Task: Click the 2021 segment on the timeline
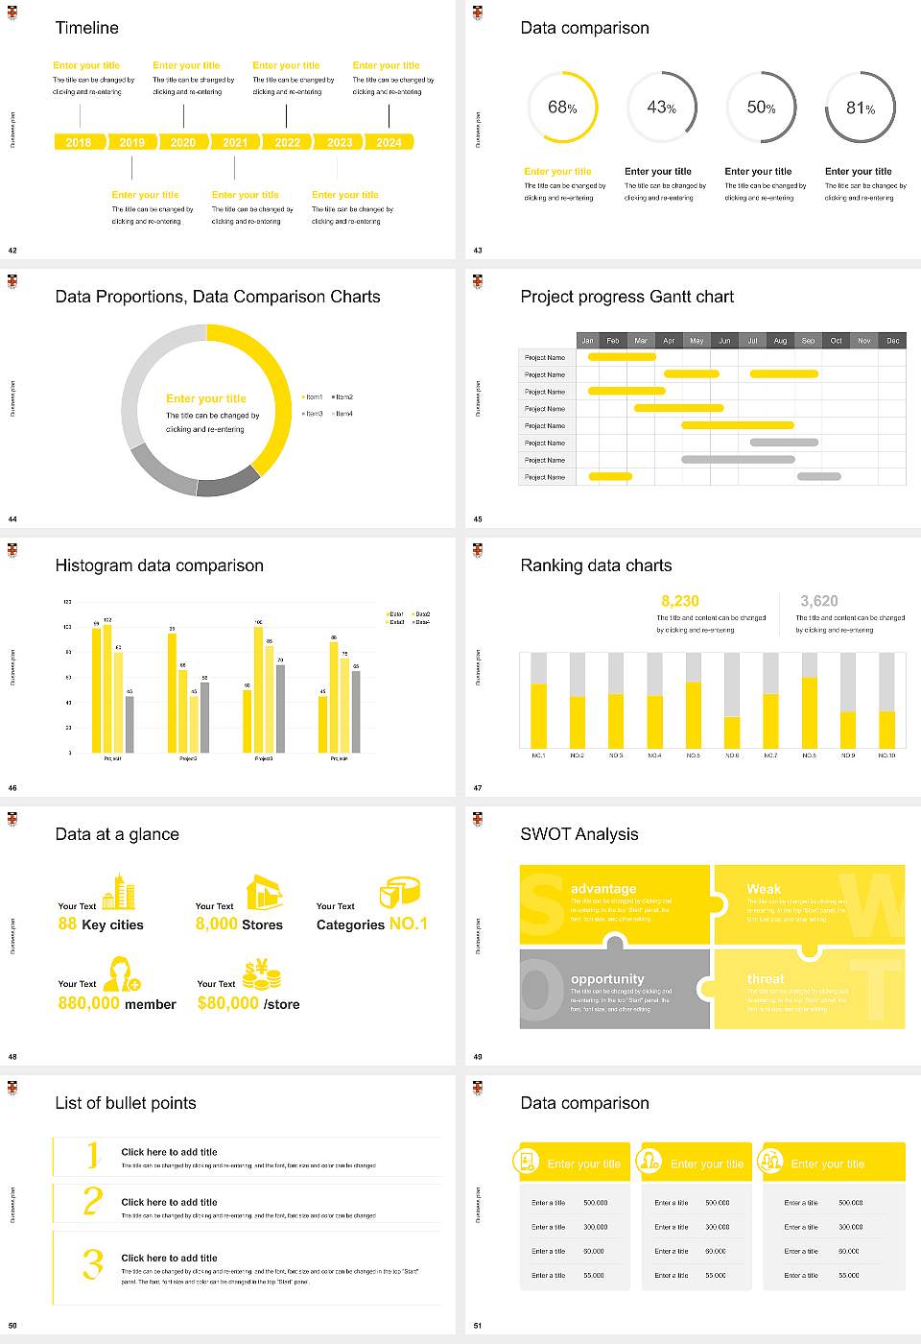coord(235,142)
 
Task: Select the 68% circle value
coord(562,108)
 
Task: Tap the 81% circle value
coord(861,108)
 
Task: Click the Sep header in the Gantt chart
coord(808,341)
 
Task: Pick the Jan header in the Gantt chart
coord(588,341)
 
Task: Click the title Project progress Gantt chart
coord(626,297)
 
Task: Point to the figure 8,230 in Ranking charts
coord(679,601)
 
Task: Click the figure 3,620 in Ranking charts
coord(818,601)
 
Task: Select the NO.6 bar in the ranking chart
coord(732,732)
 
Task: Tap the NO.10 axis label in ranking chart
coord(886,756)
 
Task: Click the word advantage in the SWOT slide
coord(602,889)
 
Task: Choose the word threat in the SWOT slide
coord(766,978)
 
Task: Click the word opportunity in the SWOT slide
coord(607,978)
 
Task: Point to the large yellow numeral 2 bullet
coord(92,1200)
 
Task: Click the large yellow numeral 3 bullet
coord(92,1262)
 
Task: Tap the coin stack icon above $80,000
coord(261,975)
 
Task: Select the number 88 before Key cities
coord(67,924)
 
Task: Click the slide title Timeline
coord(86,28)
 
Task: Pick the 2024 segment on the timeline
coord(389,142)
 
